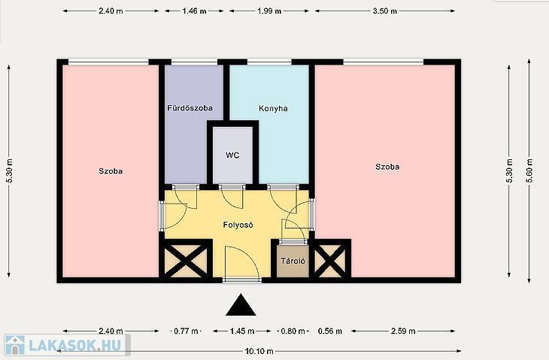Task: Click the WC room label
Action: [x=232, y=155]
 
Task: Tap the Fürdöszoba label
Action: [x=190, y=107]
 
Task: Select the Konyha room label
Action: [x=273, y=108]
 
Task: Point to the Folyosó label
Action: [x=238, y=225]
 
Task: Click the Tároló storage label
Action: [x=293, y=261]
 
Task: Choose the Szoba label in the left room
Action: [x=111, y=171]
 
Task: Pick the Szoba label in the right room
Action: [x=387, y=167]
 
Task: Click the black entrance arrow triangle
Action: [x=241, y=305]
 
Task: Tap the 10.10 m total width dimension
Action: [x=259, y=351]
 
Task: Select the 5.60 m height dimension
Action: [x=529, y=171]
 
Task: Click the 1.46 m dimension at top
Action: [x=194, y=11]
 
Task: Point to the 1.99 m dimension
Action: [x=269, y=11]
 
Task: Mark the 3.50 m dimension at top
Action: [x=385, y=11]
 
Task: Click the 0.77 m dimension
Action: [x=187, y=331]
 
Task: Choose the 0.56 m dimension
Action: [x=330, y=331]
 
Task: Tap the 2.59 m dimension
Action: [x=403, y=331]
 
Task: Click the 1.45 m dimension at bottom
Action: [x=242, y=331]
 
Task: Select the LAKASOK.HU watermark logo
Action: [x=65, y=345]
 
